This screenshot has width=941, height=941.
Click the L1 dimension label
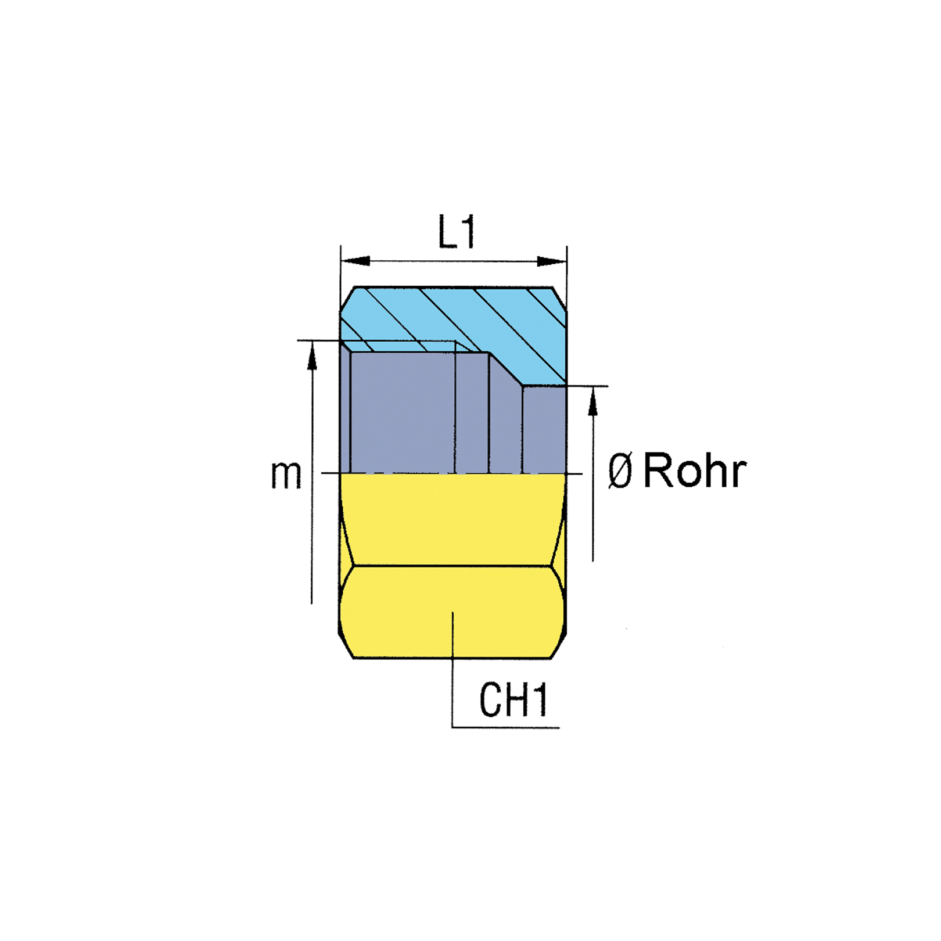(457, 232)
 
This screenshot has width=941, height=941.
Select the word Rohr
(695, 470)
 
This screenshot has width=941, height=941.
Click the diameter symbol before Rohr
(620, 471)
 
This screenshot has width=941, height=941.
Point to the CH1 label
(513, 700)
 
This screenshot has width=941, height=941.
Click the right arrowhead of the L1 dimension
(552, 261)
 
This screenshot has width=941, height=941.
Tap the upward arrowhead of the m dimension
(313, 355)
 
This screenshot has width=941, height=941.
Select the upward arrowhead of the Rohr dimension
(592, 401)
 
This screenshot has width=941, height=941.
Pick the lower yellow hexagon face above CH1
(452, 612)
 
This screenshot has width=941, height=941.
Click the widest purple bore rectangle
(403, 412)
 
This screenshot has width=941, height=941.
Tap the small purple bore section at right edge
(544, 430)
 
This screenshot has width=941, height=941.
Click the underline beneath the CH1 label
(506, 727)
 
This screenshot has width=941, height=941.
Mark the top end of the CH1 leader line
(452, 612)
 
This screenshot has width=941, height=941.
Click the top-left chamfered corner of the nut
(347, 299)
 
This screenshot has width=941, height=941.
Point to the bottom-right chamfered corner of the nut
(558, 645)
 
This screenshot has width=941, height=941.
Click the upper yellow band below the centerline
(452, 519)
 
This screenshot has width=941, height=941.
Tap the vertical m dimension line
(313, 472)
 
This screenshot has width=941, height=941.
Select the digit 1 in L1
(468, 232)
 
